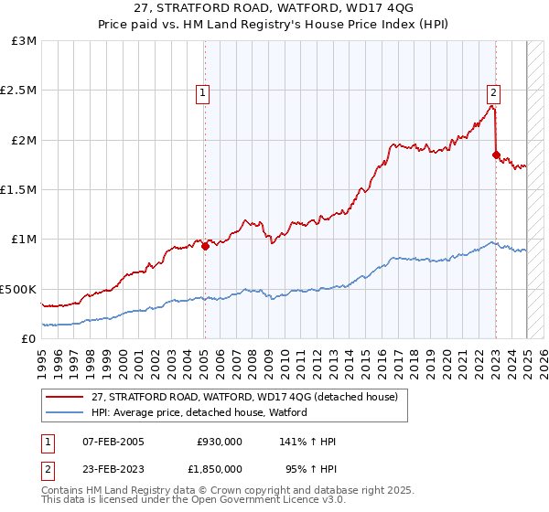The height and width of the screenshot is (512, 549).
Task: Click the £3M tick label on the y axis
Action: (x=25, y=41)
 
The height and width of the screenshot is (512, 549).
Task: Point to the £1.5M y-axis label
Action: (x=18, y=190)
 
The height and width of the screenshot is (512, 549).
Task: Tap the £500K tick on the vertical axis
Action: (x=18, y=289)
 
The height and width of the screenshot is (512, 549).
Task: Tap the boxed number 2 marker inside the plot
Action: (x=493, y=91)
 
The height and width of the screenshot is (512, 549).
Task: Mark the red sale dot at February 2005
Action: (x=206, y=245)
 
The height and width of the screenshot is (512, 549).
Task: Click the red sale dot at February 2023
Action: (x=496, y=155)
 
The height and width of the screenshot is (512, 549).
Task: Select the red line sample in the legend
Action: (x=67, y=398)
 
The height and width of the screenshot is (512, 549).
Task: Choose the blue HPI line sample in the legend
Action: (x=67, y=412)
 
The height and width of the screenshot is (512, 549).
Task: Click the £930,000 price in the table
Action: (x=218, y=442)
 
